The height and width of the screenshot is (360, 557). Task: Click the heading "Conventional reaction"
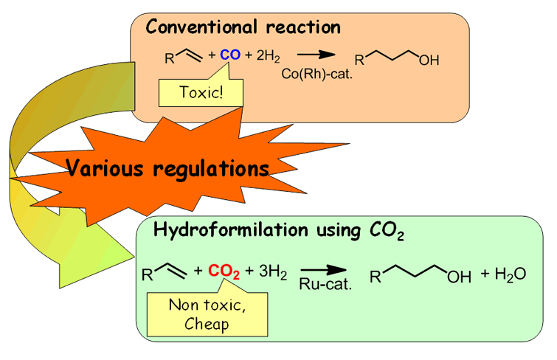pos(243,28)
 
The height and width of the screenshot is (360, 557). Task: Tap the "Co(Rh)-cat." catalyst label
pos(315,72)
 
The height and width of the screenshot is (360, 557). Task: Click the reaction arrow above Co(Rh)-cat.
pos(313,55)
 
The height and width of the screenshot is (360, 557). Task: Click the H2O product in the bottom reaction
pos(510,274)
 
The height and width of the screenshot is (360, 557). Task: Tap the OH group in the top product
pos(429,60)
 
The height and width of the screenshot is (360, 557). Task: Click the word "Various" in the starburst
pos(106,169)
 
